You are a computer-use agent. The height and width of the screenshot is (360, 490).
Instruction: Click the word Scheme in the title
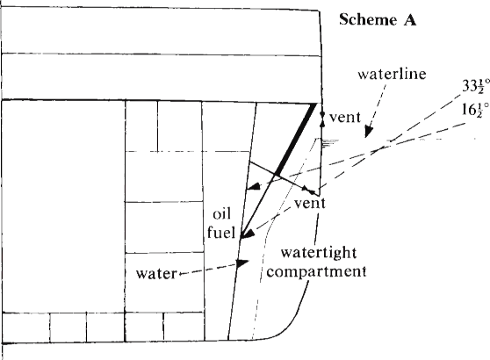click(x=368, y=19)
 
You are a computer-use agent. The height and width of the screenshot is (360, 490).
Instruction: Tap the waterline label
click(x=393, y=74)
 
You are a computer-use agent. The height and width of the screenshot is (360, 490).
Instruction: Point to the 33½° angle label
click(x=476, y=86)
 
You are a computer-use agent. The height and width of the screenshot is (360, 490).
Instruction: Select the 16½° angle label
click(x=476, y=110)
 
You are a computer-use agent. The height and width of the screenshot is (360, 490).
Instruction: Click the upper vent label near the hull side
click(x=345, y=118)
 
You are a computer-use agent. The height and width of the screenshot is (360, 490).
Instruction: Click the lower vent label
click(x=310, y=204)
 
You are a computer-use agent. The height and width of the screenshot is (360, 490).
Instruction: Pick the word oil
click(x=222, y=214)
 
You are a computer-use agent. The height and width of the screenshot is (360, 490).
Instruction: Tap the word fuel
click(x=221, y=233)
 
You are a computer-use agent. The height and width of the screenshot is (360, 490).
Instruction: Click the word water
click(x=156, y=274)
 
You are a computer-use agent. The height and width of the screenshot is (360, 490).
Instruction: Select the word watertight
click(x=319, y=253)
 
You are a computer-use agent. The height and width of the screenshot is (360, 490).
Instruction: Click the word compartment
click(x=316, y=271)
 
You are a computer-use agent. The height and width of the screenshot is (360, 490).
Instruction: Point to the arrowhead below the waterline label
click(x=368, y=133)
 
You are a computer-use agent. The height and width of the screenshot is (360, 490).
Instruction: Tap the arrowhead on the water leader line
click(x=241, y=263)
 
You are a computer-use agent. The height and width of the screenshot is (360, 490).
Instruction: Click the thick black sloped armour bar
click(x=295, y=139)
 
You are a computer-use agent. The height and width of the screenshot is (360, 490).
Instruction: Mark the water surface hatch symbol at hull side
click(x=328, y=143)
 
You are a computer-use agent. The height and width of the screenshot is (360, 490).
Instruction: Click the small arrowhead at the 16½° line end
click(x=254, y=187)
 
